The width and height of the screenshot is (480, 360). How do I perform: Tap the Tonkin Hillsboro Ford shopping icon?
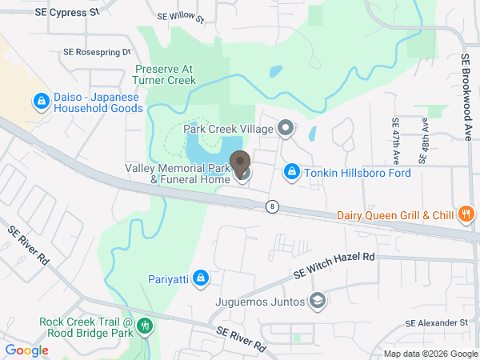(x=293, y=173)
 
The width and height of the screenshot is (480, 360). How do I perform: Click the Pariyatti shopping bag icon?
(x=201, y=278)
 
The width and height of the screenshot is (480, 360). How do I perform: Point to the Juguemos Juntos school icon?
(x=318, y=302)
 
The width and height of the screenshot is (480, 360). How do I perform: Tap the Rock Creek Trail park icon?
(x=145, y=326)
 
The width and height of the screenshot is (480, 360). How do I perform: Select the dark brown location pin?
(x=239, y=163)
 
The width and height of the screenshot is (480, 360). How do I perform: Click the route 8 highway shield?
(x=274, y=206)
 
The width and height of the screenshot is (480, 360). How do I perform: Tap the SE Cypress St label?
(x=68, y=13)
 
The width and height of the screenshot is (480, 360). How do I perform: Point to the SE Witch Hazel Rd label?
(x=334, y=265)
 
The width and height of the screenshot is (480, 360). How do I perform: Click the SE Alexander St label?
(x=436, y=322)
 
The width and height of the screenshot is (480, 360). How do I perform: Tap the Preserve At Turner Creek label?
(x=165, y=74)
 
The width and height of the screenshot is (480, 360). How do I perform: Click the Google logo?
(x=26, y=350)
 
